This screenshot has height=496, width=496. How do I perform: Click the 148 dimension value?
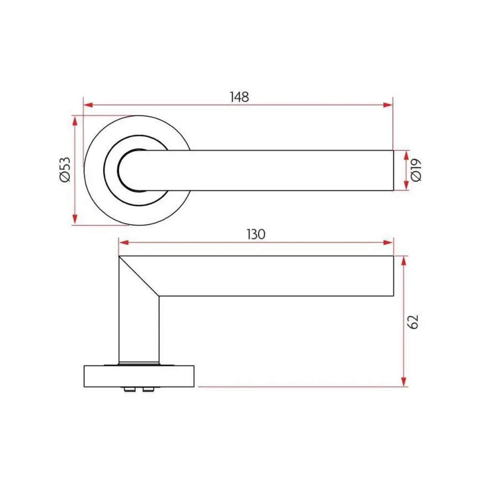[x=239, y=97]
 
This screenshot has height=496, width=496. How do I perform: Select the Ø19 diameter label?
[x=416, y=170]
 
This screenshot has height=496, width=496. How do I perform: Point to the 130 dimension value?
[x=256, y=234]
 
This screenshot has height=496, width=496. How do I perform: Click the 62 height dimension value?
[x=413, y=322]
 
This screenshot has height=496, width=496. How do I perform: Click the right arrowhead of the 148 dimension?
[x=388, y=104]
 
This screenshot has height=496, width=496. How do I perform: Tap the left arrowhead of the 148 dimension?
[x=88, y=104]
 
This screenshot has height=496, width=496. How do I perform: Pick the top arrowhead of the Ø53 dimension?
[x=75, y=120]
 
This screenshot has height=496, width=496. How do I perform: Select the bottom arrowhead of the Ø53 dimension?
[x=75, y=220]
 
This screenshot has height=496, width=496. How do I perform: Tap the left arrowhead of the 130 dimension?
[x=124, y=243]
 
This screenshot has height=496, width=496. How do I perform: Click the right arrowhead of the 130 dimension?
[x=388, y=243]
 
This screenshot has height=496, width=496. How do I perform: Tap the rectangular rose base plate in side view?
[x=139, y=376]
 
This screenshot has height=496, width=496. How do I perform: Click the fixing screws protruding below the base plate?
[x=138, y=389]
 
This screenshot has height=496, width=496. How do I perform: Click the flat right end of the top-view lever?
[x=393, y=170]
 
